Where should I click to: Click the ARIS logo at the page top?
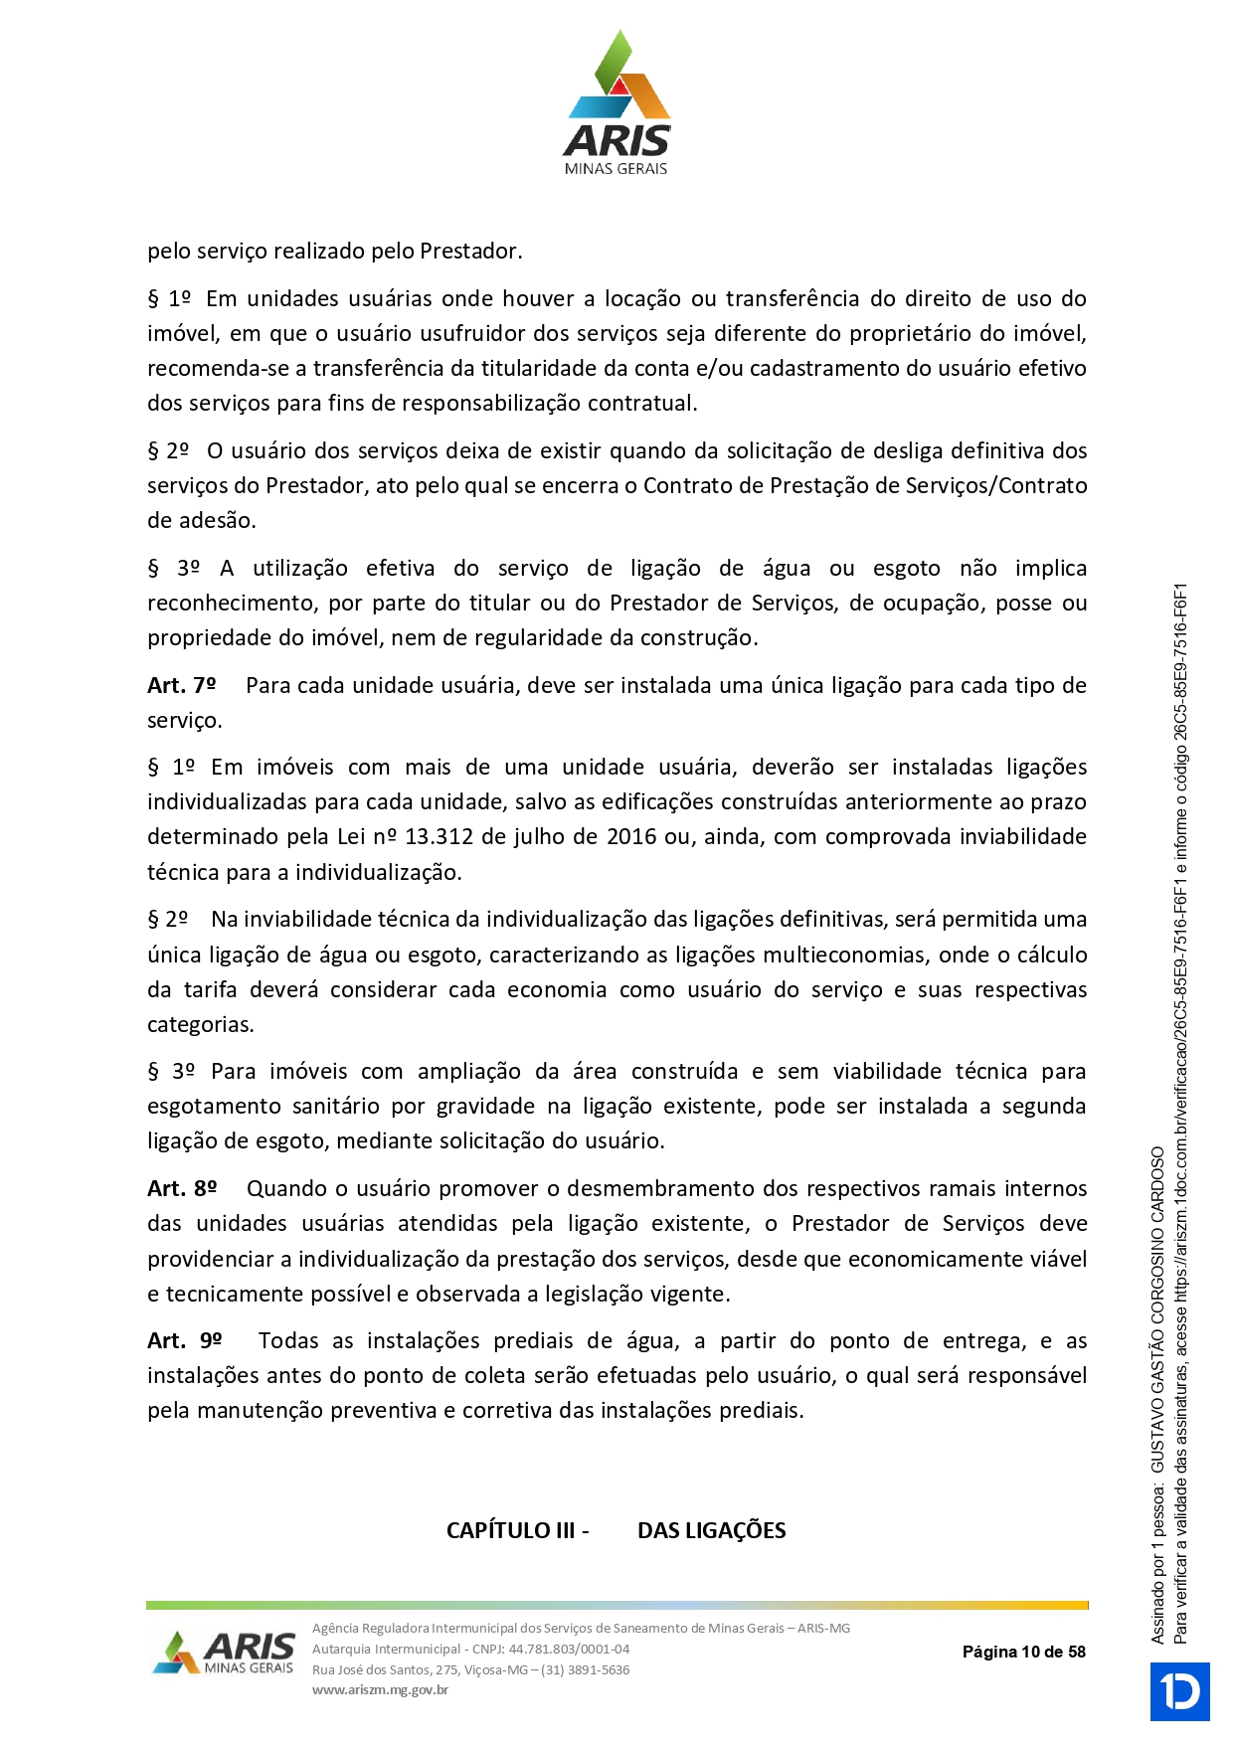[617, 103]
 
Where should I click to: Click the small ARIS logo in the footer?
[225, 1653]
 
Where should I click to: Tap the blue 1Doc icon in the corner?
[1180, 1691]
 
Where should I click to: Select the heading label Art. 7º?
[181, 686]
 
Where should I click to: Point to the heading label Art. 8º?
[182, 1189]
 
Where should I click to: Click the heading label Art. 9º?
[184, 1341]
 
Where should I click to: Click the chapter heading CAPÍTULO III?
[510, 1531]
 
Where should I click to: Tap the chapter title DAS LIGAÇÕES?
[711, 1531]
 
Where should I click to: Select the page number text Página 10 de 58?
[1023, 1652]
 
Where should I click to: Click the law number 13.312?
[439, 837]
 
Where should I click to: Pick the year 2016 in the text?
[631, 837]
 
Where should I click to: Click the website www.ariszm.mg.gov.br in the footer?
[380, 1689]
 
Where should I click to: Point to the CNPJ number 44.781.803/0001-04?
[569, 1649]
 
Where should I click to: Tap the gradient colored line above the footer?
[617, 1605]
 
